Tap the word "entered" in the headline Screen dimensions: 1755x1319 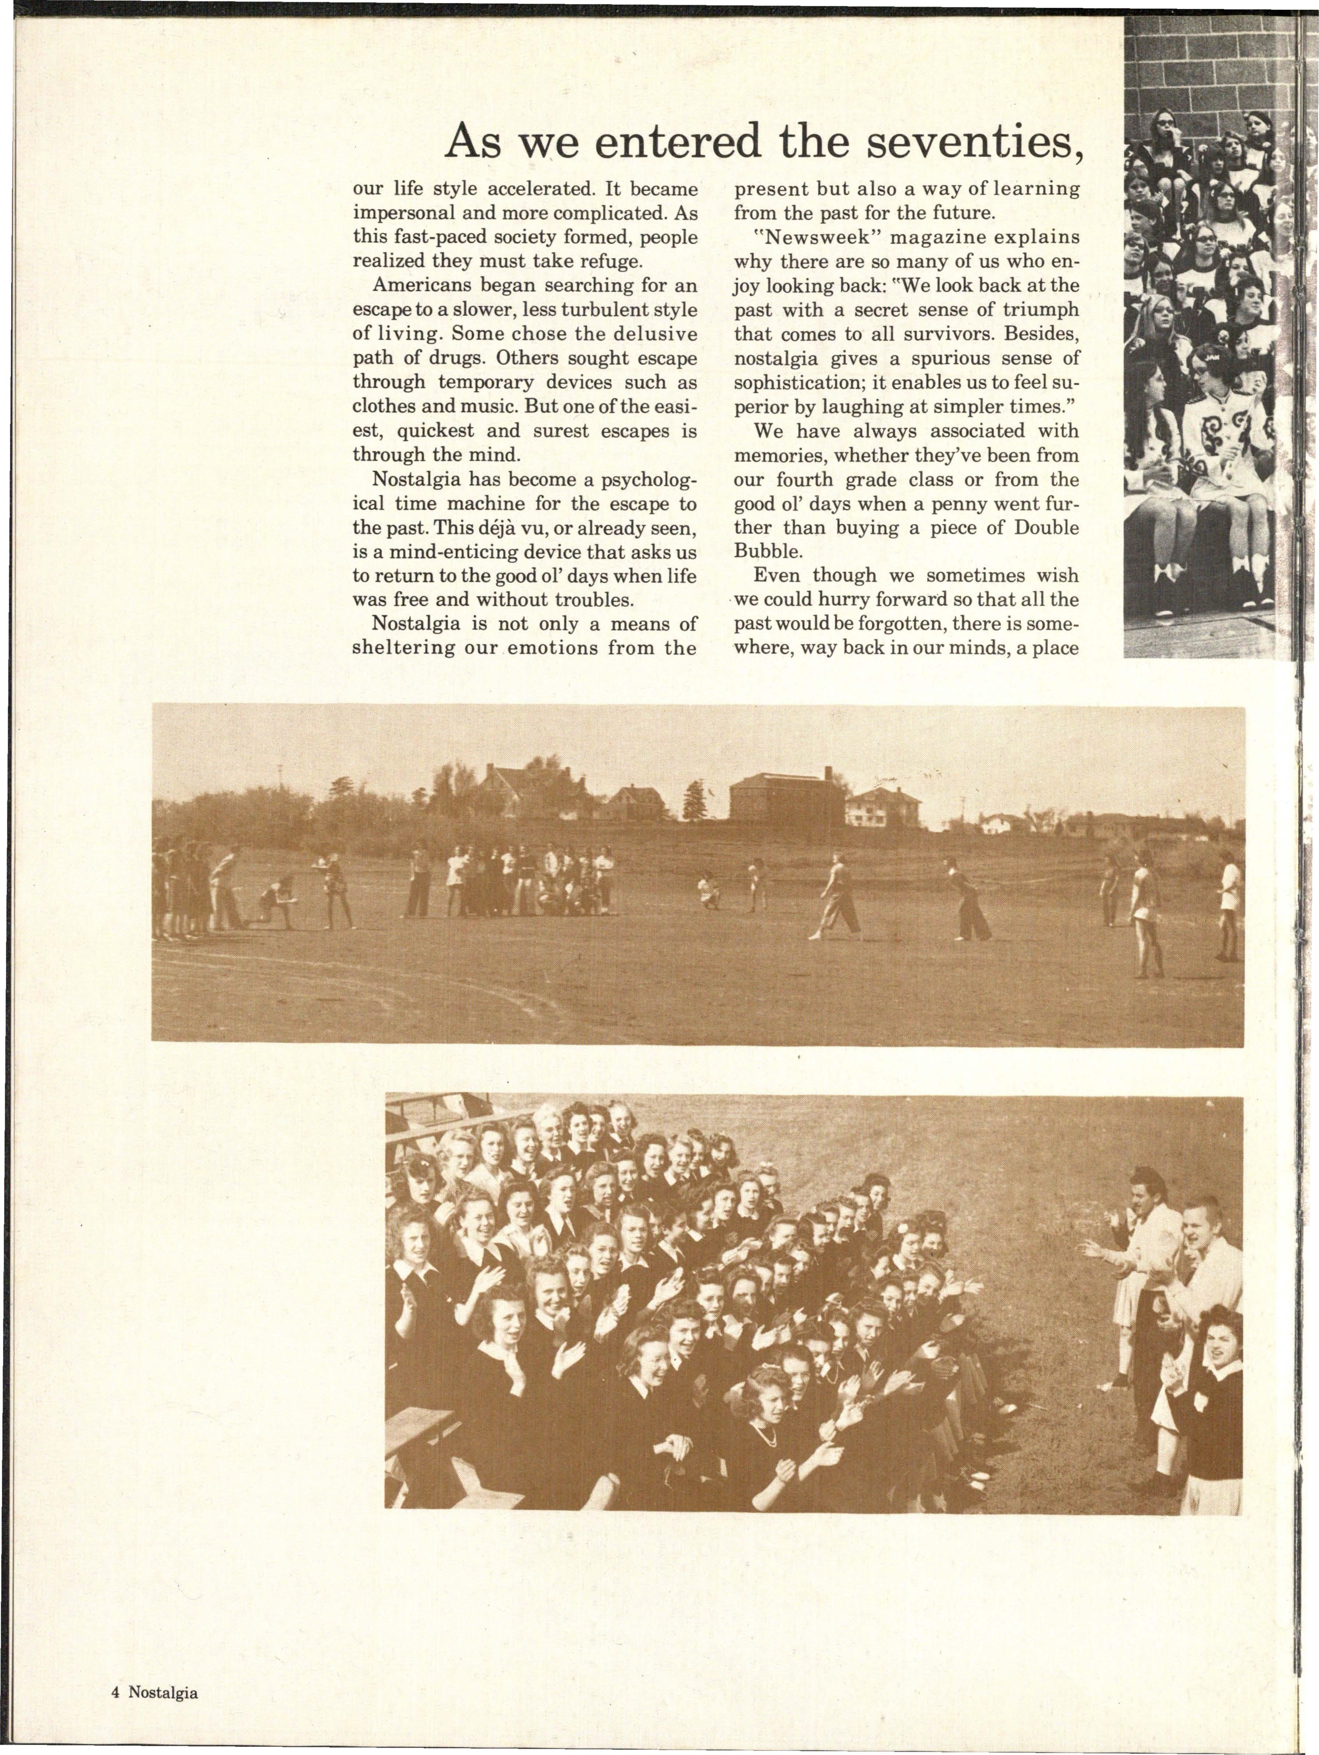tap(678, 142)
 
